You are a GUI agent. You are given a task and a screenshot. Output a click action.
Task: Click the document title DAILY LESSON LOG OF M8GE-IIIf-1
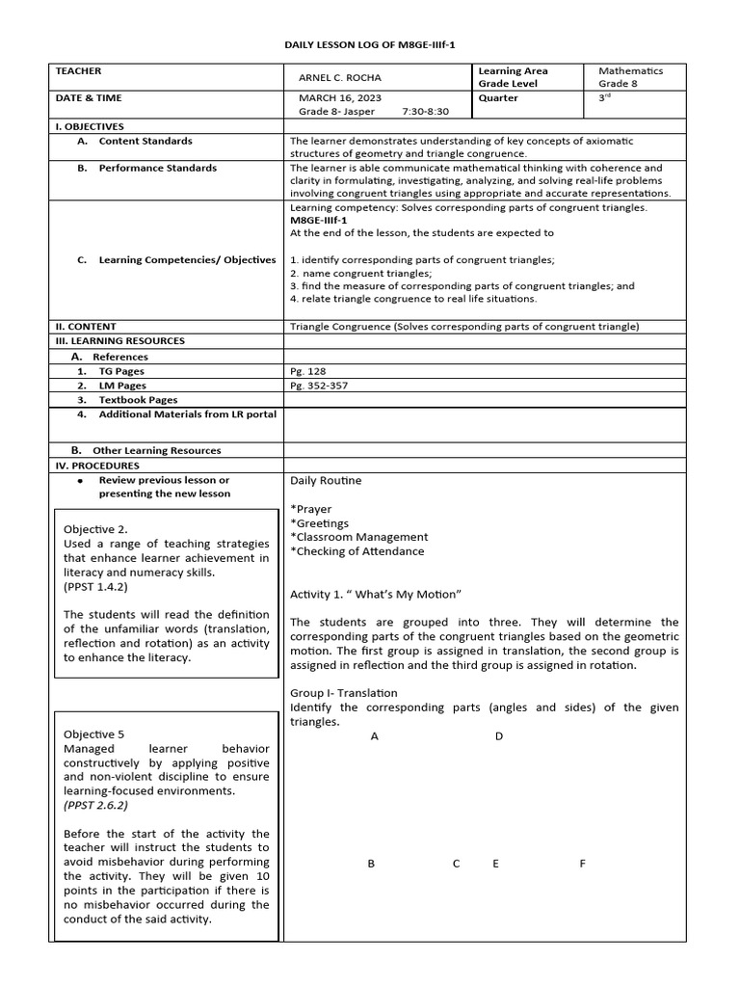pos(369,45)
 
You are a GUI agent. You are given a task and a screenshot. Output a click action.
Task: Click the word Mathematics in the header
pos(630,71)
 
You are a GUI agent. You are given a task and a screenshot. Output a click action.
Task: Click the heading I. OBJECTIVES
pos(90,126)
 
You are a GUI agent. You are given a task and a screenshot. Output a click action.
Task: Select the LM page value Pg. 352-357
pos(319,386)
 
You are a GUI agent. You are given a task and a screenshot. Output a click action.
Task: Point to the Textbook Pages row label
pos(137,400)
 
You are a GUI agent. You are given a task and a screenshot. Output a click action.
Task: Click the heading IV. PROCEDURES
pos(97,466)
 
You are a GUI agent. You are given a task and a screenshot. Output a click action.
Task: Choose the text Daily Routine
pos(326,480)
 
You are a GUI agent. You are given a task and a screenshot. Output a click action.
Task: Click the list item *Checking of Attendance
pos(357,551)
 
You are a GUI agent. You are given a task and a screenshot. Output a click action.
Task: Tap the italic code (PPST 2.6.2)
pos(95,805)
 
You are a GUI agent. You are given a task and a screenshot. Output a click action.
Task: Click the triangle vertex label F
pos(582,864)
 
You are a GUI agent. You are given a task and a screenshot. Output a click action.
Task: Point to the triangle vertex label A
pos(374,736)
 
